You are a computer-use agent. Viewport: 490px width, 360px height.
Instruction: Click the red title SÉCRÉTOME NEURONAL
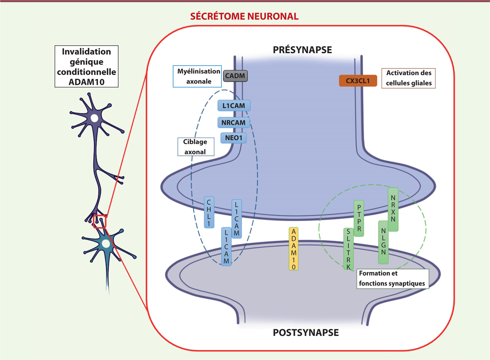click(x=243, y=17)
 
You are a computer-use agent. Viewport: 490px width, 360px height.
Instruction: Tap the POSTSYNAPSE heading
click(x=305, y=333)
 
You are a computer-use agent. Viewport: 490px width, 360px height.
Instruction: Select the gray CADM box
click(x=236, y=75)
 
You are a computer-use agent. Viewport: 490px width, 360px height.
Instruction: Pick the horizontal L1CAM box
click(x=234, y=106)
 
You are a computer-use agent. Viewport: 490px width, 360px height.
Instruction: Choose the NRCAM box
click(x=234, y=122)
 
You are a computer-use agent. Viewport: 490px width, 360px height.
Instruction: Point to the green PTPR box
click(x=359, y=218)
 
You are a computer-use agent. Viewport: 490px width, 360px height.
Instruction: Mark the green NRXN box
click(x=392, y=209)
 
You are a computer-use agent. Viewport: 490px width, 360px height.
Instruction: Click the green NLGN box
click(x=383, y=243)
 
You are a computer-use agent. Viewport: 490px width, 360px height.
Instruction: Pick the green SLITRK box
click(x=349, y=249)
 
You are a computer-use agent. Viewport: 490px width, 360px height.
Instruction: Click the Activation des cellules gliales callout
click(x=408, y=78)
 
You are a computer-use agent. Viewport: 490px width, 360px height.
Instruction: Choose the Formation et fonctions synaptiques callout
click(x=392, y=278)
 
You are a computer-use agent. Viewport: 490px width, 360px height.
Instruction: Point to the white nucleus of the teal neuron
click(x=106, y=244)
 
